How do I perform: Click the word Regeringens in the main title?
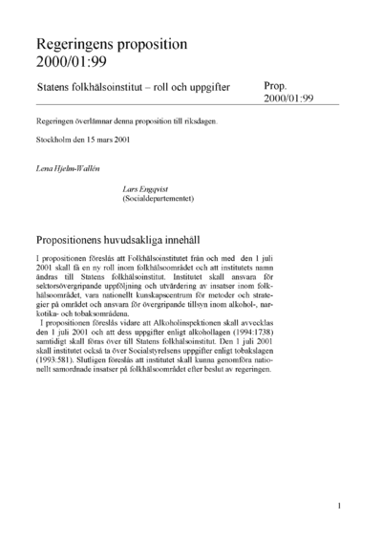[80, 44]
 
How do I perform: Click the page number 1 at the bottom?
[339, 505]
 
